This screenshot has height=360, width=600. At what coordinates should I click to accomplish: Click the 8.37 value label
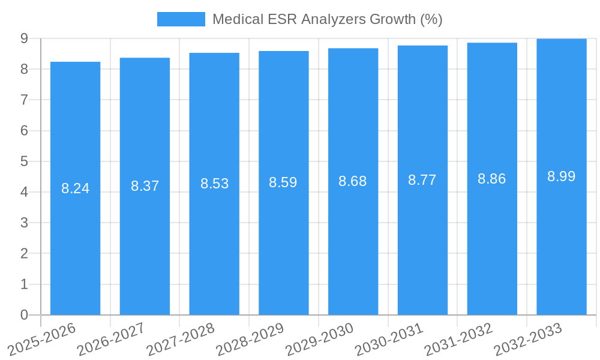[145, 186]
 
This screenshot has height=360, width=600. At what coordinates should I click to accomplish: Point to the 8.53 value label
[214, 184]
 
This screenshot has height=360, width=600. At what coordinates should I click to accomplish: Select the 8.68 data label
[353, 181]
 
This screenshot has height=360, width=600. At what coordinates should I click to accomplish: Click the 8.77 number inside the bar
[422, 180]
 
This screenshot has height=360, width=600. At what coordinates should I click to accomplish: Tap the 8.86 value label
[492, 179]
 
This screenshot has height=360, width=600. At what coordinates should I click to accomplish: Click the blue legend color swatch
[181, 19]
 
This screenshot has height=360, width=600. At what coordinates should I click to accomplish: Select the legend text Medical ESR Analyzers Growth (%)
[327, 19]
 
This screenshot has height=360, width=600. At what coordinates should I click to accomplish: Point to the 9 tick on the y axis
[24, 38]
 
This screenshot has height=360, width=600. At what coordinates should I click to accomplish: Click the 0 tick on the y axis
[24, 315]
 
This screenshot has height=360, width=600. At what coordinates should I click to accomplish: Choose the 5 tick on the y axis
[24, 161]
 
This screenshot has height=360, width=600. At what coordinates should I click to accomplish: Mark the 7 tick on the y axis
[24, 100]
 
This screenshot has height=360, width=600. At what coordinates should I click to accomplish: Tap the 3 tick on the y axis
[24, 223]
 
